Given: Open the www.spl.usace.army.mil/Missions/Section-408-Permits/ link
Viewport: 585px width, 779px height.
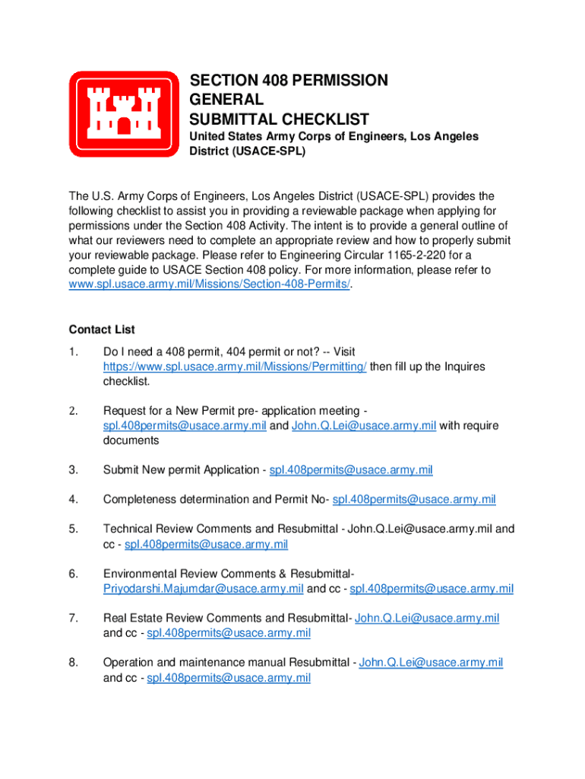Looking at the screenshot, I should pos(210,284).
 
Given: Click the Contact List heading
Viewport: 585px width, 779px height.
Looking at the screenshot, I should pos(102,329).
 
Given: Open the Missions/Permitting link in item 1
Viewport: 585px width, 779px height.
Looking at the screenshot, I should pos(235,366).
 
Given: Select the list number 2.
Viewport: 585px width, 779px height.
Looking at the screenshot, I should pos(73,411).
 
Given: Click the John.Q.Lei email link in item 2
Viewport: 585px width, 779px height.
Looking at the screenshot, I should pos(363,425).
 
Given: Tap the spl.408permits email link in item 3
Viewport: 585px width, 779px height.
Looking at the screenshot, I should pos(351,470).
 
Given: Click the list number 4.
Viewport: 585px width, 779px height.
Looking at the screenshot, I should pos(73,499).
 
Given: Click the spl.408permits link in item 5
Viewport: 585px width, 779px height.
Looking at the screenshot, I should pos(206,543).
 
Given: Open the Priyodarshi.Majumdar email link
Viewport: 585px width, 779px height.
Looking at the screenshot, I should pos(203,588).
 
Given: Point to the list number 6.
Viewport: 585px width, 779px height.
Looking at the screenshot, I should pos(73,573).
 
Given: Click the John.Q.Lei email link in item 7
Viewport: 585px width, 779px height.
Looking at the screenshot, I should pos(427,618).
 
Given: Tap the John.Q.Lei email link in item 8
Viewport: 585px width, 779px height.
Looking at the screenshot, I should pos(431,662).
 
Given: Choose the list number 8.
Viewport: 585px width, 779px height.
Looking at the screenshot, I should pos(73,662).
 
